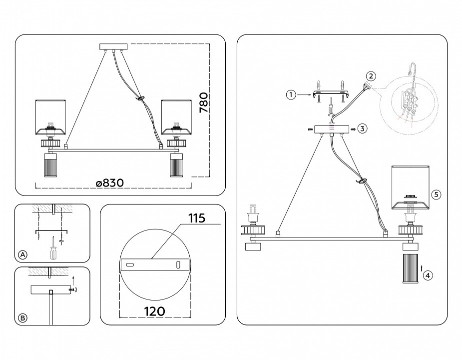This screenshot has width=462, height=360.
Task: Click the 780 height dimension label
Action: tap(204, 102)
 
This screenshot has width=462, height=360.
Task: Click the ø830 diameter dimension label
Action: tap(110, 183)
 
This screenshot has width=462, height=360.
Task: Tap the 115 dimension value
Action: tap(197, 218)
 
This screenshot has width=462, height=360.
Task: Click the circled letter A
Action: tap(22, 254)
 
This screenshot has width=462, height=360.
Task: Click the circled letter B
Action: tap(22, 318)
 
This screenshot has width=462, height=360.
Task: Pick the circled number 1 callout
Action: tap(291, 94)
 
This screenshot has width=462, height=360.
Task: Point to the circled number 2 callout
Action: tap(371, 76)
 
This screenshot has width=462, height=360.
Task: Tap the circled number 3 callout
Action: tap(363, 128)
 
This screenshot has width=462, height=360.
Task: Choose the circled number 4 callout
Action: tap(428, 275)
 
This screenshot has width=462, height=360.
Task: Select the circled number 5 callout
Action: tap(437, 194)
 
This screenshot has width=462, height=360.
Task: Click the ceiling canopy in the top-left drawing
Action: tap(113, 47)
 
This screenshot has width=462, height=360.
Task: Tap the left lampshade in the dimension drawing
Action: tap(50, 117)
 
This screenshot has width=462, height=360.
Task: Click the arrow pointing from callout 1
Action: tap(304, 95)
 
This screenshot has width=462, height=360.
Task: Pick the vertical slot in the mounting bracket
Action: tap(178, 264)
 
